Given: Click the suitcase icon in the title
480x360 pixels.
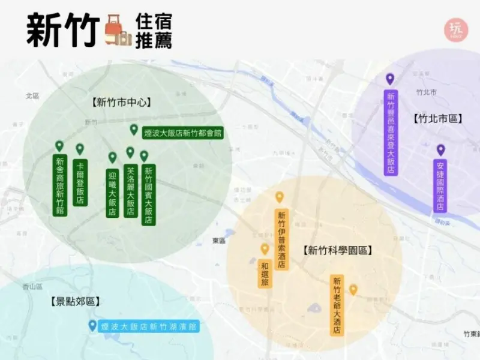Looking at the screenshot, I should coord(118,32).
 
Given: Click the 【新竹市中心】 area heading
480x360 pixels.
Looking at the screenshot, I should coord(122,103).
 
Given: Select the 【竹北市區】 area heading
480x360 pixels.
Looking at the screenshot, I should coord(437,119).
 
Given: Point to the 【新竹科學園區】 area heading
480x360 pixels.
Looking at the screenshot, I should coord(338,251).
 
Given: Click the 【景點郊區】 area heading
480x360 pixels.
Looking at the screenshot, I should coord(75,302).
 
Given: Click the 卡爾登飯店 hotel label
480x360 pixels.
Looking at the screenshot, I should coord(80,182).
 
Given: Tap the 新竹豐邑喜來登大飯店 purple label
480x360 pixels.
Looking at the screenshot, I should coord(391,133).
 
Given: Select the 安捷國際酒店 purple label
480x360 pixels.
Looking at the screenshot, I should coord(440,185).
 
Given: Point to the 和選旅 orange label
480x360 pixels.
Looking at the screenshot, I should coord(265,274).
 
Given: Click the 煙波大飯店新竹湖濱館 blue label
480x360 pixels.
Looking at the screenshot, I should coord(148,326).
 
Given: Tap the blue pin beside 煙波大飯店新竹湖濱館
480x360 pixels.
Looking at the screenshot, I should coord(92,325).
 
